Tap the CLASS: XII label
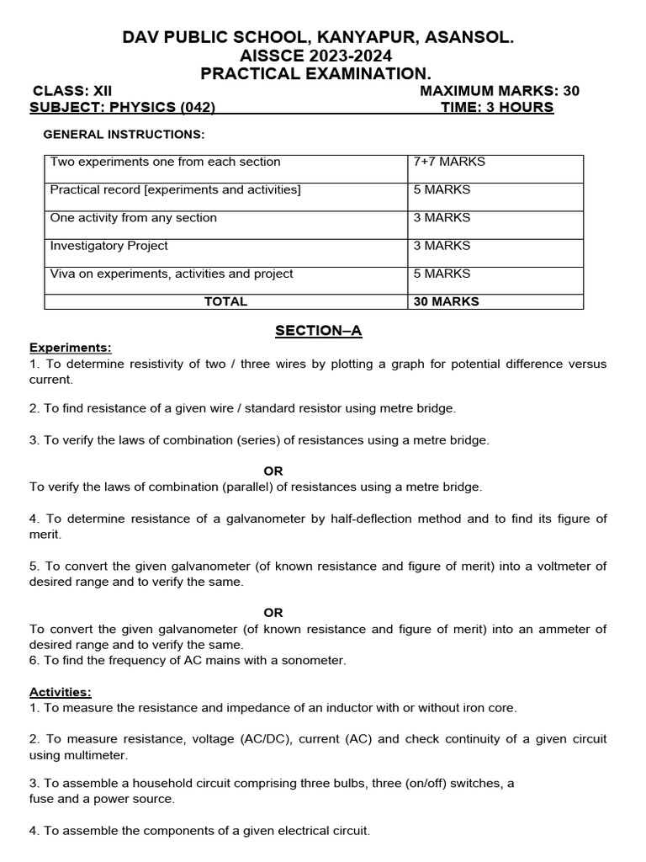pyautogui.click(x=71, y=91)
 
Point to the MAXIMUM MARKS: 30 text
pyautogui.click(x=499, y=91)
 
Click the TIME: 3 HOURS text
pyautogui.click(x=497, y=107)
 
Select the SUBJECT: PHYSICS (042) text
pyautogui.click(x=123, y=107)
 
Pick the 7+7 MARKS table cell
pyautogui.click(x=449, y=162)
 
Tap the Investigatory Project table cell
pyautogui.click(x=109, y=246)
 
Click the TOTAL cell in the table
pyautogui.click(x=225, y=301)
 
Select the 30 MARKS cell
pyautogui.click(x=446, y=301)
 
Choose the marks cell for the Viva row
pyautogui.click(x=442, y=274)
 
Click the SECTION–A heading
pyautogui.click(x=318, y=331)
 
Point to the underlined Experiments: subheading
pyautogui.click(x=70, y=348)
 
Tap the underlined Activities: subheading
pyautogui.click(x=61, y=692)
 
